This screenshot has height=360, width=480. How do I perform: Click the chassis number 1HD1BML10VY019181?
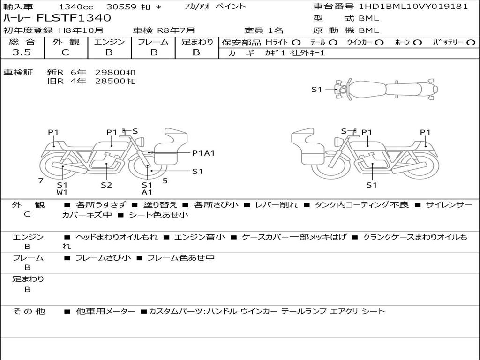tap(413, 6)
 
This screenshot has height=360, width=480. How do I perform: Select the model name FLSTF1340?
tap(74, 18)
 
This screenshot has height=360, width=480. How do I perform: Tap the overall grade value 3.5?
tap(22, 52)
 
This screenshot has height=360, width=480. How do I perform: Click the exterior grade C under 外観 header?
tap(66, 52)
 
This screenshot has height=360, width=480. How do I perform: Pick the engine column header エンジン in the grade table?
tap(109, 42)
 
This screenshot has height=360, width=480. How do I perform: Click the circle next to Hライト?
tap(296, 43)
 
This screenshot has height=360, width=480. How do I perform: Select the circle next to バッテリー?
tap(471, 43)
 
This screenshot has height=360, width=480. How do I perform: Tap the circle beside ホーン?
tap(418, 43)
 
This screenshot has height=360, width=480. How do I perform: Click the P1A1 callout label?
tap(203, 153)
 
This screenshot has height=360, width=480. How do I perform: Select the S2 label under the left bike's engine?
tap(106, 185)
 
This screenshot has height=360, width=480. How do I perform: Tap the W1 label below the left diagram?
tap(62, 192)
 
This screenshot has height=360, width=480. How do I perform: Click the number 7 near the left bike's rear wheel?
tap(41, 180)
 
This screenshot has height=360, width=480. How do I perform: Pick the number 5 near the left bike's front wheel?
tap(165, 180)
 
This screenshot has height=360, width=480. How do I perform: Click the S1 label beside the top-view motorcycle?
tap(317, 90)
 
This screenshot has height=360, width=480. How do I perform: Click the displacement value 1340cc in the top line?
tap(76, 7)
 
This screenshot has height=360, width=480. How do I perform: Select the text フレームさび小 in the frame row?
tap(103, 258)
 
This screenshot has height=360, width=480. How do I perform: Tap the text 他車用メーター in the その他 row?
tap(105, 311)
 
